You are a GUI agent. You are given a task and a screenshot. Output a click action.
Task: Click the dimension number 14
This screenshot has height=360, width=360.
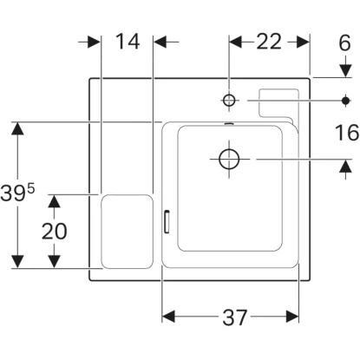(128, 41)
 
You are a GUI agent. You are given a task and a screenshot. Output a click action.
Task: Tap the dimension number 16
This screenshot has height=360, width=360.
(344, 132)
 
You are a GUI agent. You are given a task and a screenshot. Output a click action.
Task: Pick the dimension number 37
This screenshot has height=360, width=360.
(230, 318)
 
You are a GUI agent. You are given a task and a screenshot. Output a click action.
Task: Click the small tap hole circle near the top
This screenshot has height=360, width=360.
(230, 101)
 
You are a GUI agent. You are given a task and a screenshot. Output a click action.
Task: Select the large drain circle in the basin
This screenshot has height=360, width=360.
(228, 159)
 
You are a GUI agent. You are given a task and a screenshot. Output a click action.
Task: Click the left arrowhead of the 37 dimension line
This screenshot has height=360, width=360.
(169, 317)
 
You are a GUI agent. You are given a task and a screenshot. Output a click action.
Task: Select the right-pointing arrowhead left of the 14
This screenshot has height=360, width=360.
(95, 41)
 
